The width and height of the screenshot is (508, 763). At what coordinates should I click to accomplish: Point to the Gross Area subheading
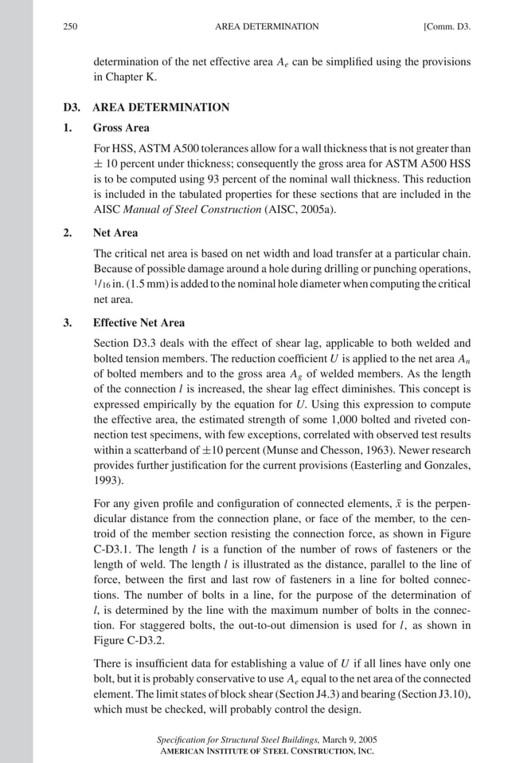pyautogui.click(x=121, y=128)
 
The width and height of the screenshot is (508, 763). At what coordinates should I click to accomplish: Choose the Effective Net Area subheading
pyautogui.click(x=139, y=323)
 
